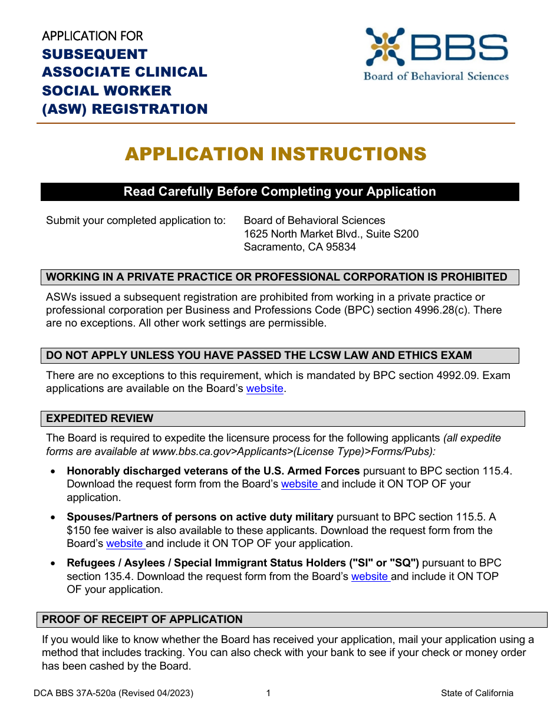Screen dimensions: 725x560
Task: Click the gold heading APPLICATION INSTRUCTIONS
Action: coord(275,154)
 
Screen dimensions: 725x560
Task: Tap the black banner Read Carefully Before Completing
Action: coord(279,192)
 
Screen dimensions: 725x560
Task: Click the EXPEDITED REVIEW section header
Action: coord(100,418)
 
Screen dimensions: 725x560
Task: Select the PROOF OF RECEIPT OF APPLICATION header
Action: coord(142,619)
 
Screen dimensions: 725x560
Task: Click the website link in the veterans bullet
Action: coord(299,484)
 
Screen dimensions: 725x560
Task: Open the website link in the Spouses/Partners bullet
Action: coord(124,543)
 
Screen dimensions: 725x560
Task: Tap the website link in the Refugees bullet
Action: coord(370,576)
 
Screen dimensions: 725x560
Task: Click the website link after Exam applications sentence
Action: coord(265,389)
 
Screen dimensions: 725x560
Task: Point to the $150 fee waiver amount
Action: coord(78,530)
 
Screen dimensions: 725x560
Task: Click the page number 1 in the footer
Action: coord(268,693)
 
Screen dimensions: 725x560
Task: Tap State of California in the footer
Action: coord(477,693)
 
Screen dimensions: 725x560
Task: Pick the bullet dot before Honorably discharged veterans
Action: coord(54,472)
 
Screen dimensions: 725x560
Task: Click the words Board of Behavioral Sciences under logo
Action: coord(436,76)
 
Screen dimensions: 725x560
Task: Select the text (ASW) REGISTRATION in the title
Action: coord(125,109)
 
